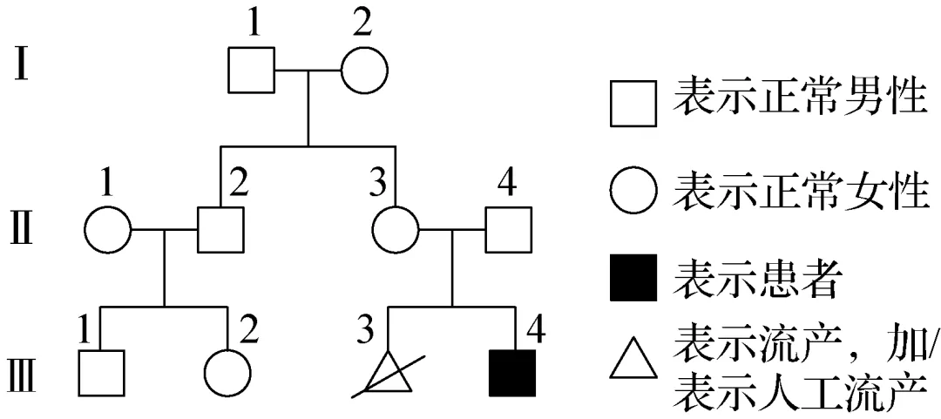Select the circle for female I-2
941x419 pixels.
[363, 71]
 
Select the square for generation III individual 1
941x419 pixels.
[100, 373]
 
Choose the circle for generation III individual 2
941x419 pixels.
[227, 373]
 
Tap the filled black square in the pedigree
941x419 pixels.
[513, 373]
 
